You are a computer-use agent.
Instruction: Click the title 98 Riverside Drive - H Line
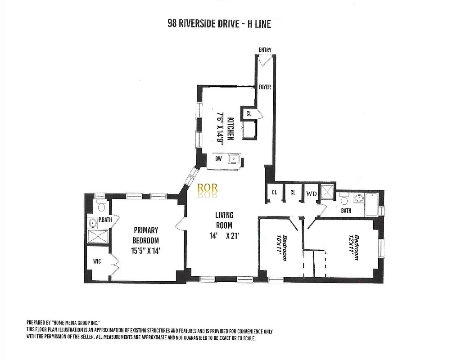219,24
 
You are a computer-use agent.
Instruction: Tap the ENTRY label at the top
265,50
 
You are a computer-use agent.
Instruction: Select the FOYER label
265,87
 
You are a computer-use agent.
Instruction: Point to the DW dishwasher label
218,159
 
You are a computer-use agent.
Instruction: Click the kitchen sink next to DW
234,159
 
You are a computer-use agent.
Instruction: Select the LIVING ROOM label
224,220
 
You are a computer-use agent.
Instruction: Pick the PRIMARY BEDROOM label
145,235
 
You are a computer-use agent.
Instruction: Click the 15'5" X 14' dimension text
145,251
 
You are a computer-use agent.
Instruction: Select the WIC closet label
97,261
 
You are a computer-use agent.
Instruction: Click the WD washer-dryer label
311,193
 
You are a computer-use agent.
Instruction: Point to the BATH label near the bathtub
346,211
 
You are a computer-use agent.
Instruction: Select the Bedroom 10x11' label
282,247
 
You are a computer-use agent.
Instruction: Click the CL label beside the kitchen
249,113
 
